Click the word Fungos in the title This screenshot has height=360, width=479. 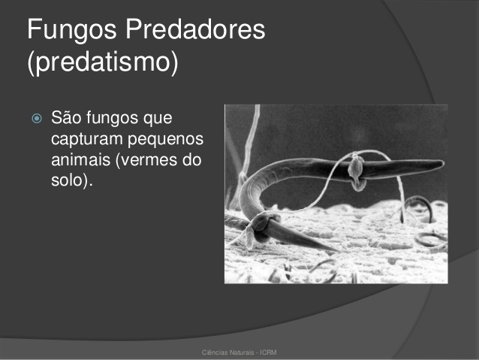[x=72, y=30]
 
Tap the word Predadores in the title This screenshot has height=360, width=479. [x=195, y=29]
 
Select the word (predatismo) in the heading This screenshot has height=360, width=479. [x=103, y=62]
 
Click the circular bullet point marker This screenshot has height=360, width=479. [x=37, y=118]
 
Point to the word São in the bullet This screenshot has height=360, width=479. [x=66, y=117]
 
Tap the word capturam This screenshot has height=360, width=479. [x=87, y=140]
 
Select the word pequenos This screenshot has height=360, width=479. [x=165, y=140]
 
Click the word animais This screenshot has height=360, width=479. [x=80, y=159]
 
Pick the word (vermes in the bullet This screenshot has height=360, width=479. [x=146, y=159]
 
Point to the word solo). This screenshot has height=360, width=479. [x=72, y=180]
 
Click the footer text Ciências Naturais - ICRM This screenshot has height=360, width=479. [x=239, y=352]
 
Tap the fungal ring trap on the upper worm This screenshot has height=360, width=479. [x=357, y=173]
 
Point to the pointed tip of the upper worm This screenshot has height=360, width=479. [x=443, y=164]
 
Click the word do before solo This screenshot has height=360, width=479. [x=192, y=159]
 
